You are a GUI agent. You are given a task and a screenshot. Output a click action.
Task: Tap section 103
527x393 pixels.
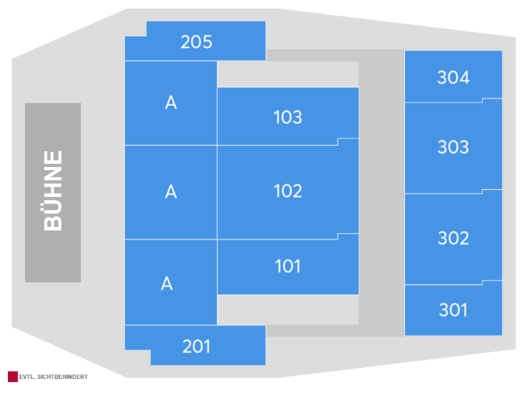(288, 117)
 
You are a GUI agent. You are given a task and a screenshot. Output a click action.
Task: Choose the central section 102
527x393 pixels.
(288, 191)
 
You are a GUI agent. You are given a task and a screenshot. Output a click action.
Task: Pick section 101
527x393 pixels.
(288, 266)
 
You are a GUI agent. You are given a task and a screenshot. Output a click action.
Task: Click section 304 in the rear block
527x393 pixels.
(453, 76)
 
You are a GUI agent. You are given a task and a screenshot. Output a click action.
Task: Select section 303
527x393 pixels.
(453, 146)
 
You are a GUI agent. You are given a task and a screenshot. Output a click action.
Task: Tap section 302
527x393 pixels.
(453, 238)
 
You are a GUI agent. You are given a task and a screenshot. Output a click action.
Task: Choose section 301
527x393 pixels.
(453, 310)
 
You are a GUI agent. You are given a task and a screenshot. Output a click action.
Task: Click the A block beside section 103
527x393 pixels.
(171, 103)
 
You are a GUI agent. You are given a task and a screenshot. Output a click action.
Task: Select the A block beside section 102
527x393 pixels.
(171, 192)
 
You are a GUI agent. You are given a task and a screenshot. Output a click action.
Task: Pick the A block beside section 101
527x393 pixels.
(171, 282)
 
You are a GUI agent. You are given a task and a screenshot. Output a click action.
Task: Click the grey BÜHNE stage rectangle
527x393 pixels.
(53, 192)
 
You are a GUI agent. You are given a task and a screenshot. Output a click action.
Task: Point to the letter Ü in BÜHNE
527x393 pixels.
(53, 210)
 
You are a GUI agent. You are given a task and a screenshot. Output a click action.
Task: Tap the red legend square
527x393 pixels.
(13, 376)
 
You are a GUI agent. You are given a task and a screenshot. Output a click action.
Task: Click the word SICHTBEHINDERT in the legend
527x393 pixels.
(62, 376)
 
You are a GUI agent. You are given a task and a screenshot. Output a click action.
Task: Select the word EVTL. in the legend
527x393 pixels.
(27, 376)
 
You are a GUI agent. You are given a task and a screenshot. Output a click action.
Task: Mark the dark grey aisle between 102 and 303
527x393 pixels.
(381, 193)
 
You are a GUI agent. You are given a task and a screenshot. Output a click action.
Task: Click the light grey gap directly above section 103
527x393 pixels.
(288, 74)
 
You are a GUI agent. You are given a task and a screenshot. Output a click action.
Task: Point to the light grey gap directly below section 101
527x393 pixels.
(288, 310)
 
